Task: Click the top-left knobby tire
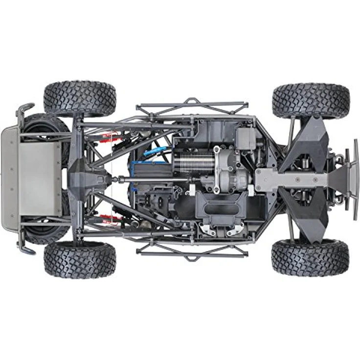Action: coord(80,98)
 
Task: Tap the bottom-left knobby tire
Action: coord(80,259)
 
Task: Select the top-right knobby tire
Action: coord(311,101)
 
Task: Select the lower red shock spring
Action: coord(109,218)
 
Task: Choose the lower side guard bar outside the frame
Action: coord(192,252)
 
